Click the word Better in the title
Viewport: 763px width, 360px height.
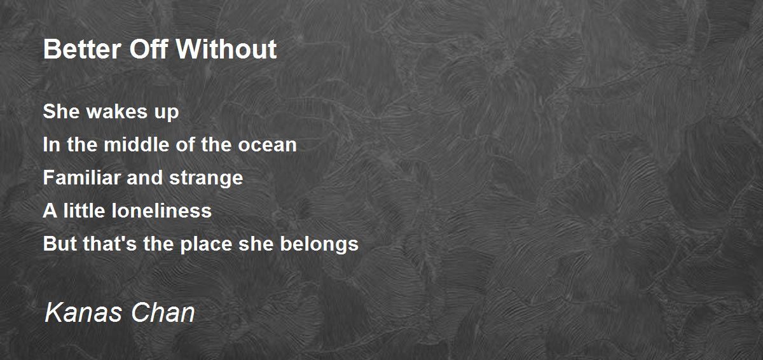coord(82,49)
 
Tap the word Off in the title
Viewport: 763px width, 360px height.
coord(149,49)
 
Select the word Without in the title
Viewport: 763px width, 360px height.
coord(226,49)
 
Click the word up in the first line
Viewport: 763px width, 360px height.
coord(167,113)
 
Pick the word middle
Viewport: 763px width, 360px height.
coord(136,144)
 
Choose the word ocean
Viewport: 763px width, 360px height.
coord(267,146)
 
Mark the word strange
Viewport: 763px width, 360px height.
coord(206,179)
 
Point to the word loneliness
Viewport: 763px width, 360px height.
coord(162,211)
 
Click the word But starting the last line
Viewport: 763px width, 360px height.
coord(60,244)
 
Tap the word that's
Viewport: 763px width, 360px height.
coord(109,244)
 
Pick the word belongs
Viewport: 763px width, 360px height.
coord(319,244)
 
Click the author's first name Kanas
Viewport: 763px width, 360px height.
coord(83,312)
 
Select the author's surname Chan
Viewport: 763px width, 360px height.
coord(163,312)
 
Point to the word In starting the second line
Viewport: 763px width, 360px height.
coord(52,144)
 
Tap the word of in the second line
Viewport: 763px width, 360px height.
coord(185,144)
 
